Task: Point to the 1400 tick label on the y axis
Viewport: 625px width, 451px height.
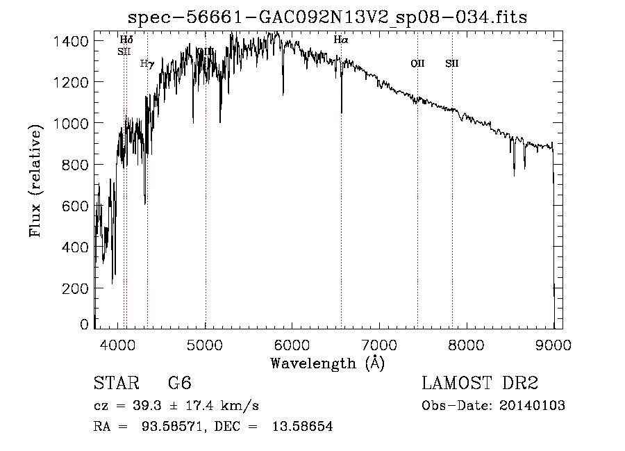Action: tap(71, 42)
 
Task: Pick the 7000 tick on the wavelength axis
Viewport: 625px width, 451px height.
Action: tap(379, 343)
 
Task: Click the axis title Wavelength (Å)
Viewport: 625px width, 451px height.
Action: tap(327, 363)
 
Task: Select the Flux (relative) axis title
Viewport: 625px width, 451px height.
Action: tap(36, 181)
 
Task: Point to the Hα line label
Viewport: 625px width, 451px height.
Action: tap(340, 40)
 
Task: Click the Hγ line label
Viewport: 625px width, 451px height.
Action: tap(147, 64)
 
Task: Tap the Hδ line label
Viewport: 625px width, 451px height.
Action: tap(126, 40)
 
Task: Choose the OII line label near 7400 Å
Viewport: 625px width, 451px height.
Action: tap(417, 64)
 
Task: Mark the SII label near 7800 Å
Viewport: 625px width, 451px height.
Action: tap(452, 64)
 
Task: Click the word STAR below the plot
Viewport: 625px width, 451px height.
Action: tap(116, 384)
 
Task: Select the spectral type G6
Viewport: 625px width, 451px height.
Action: tap(179, 384)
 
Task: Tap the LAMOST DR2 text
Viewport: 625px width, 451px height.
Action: tap(480, 384)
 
